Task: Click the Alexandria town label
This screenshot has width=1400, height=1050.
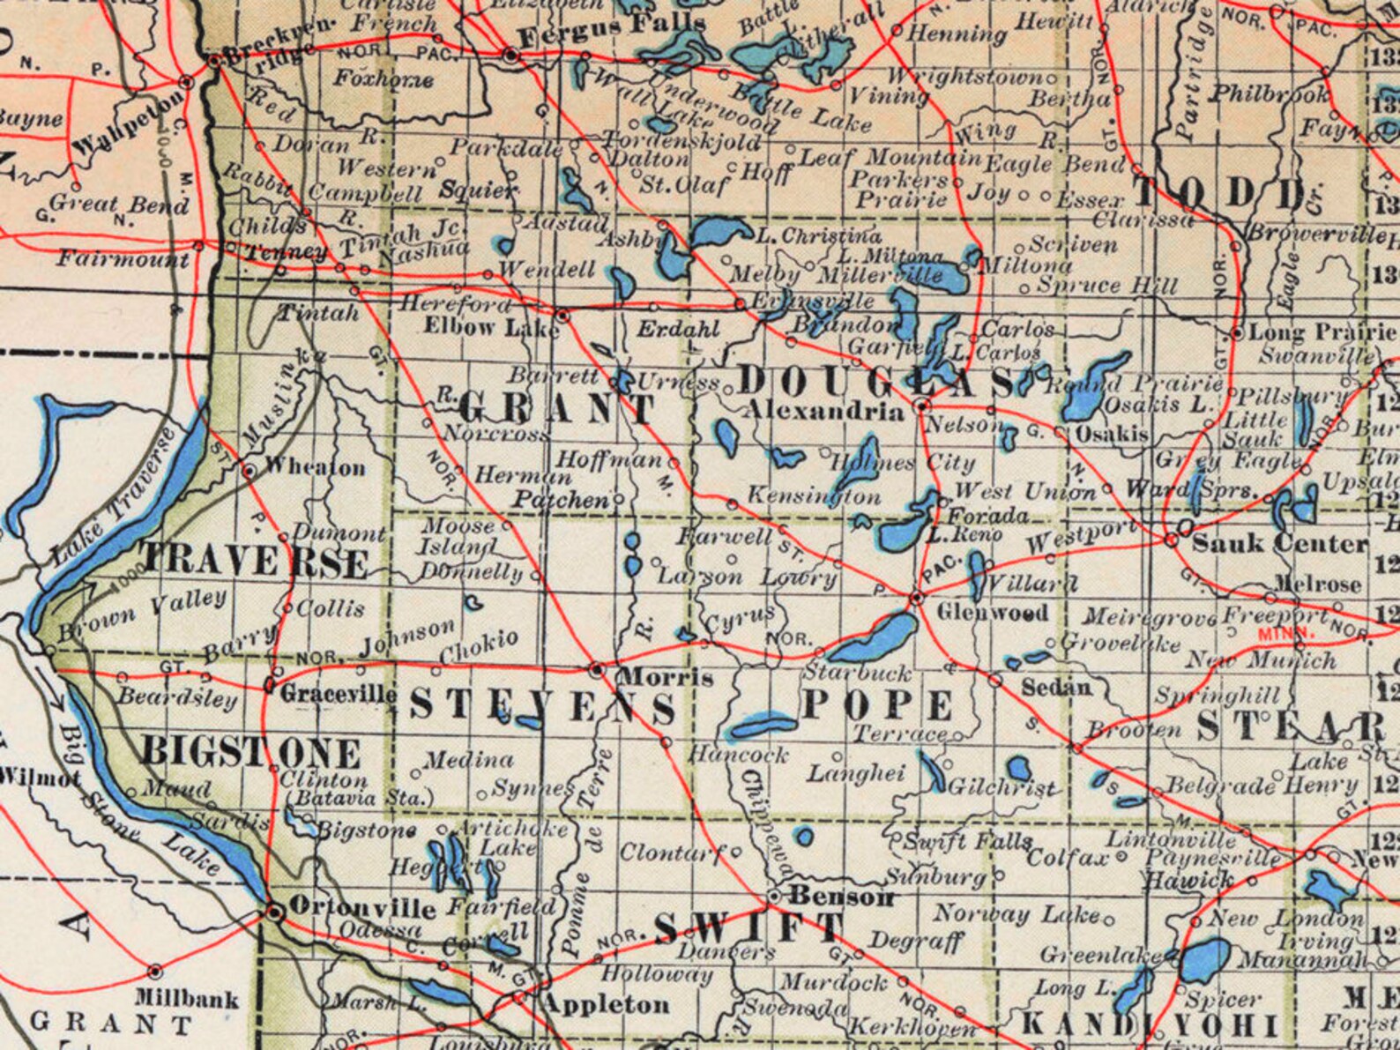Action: pyautogui.click(x=826, y=411)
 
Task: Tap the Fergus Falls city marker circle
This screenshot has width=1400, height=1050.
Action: pyautogui.click(x=511, y=56)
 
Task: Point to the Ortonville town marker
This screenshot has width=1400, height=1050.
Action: pyautogui.click(x=275, y=912)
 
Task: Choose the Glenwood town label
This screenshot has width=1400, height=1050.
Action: pyautogui.click(x=993, y=613)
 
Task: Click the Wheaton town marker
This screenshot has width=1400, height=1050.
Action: pyautogui.click(x=249, y=471)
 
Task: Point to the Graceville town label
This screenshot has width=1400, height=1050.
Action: pyautogui.click(x=339, y=694)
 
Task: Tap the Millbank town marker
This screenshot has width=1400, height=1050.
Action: pyautogui.click(x=155, y=972)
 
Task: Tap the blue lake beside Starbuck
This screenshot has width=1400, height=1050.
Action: pyautogui.click(x=873, y=638)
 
